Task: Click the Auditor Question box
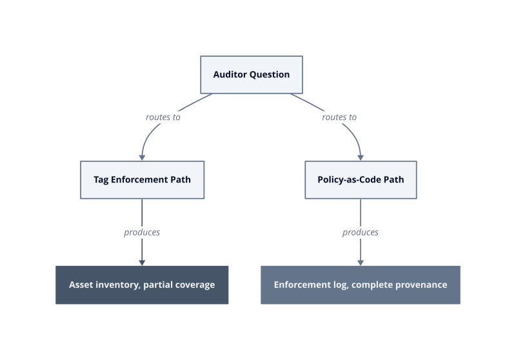click(x=252, y=75)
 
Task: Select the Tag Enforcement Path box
click(x=142, y=179)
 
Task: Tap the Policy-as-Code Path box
click(x=361, y=179)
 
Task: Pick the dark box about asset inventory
click(x=142, y=285)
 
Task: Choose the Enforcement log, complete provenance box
click(x=361, y=285)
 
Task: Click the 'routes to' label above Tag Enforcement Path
click(x=163, y=117)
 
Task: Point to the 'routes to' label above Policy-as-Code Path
click(x=339, y=117)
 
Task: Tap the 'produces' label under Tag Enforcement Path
click(x=142, y=232)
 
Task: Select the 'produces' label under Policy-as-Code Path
click(x=361, y=232)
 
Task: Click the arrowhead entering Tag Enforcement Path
click(x=142, y=158)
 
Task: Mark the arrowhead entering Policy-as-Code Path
click(x=361, y=158)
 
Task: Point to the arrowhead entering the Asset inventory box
click(x=142, y=263)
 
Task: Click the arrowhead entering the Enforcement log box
click(x=361, y=263)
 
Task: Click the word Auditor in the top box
click(x=230, y=75)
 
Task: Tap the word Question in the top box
click(x=270, y=75)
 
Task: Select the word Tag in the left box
click(x=101, y=180)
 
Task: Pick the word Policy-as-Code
click(x=349, y=179)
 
